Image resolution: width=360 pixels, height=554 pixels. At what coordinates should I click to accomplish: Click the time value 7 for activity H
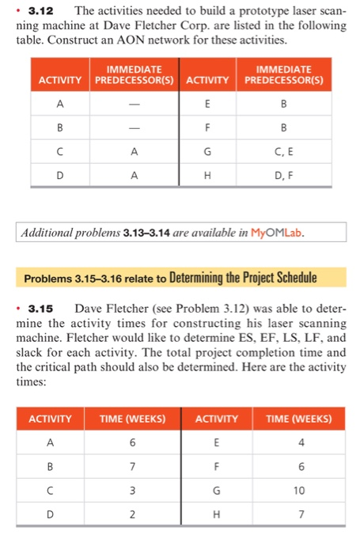[297, 515]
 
